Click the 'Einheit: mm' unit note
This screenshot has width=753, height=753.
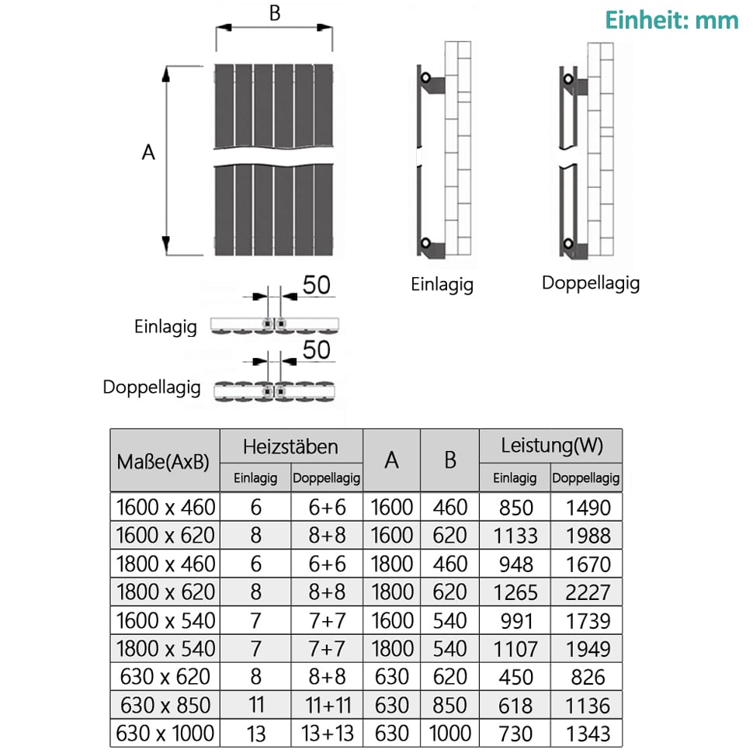(671, 21)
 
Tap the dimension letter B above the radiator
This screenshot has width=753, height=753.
(275, 13)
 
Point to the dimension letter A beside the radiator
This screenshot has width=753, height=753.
(148, 152)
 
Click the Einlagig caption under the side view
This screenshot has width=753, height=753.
(442, 284)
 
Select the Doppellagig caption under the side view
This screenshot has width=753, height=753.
(591, 283)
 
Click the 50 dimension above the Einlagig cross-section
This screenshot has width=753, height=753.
(317, 285)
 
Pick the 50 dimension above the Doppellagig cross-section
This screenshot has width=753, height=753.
(317, 349)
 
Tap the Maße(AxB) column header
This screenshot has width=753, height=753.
(163, 462)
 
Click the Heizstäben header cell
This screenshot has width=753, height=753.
(290, 446)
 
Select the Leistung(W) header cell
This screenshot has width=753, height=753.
(552, 446)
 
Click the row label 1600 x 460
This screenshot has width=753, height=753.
(165, 507)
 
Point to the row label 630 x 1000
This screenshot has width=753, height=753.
(165, 734)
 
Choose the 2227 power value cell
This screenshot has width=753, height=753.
(588, 592)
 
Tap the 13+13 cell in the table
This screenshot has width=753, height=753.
(328, 734)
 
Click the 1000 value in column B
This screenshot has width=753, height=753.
(450, 734)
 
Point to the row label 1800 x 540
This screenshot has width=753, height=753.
(165, 649)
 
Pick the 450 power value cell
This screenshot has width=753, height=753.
(515, 677)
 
